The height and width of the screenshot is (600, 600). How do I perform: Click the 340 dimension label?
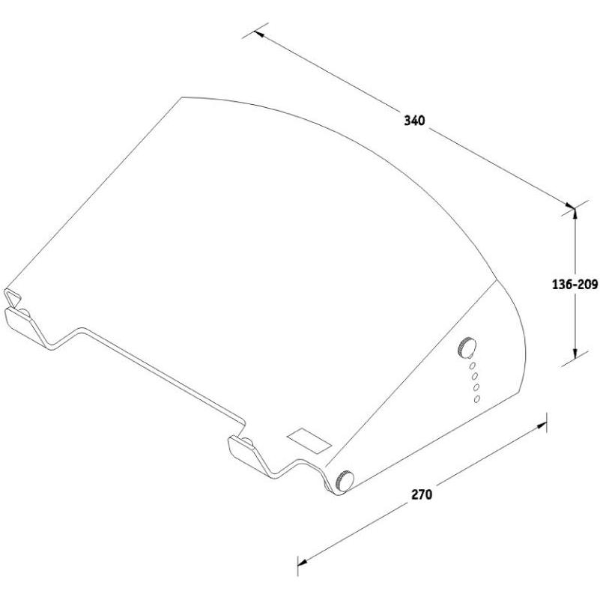pyautogui.click(x=414, y=120)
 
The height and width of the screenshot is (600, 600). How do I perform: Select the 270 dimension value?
pyautogui.click(x=422, y=494)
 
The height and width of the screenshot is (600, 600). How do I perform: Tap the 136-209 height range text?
pyautogui.click(x=574, y=285)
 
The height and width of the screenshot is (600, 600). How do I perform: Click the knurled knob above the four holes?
pyautogui.click(x=467, y=348)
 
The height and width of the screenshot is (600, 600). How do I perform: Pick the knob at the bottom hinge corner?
pyautogui.click(x=345, y=480)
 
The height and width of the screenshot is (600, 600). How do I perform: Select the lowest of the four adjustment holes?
pyautogui.click(x=476, y=399)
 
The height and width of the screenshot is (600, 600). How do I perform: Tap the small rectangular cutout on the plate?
pyautogui.click(x=307, y=439)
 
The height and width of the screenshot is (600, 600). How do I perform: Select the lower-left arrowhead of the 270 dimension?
pyautogui.click(x=303, y=560)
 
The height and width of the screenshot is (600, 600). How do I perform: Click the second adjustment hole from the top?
pyautogui.click(x=473, y=376)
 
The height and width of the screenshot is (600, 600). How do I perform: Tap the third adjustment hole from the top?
pyautogui.click(x=475, y=387)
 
